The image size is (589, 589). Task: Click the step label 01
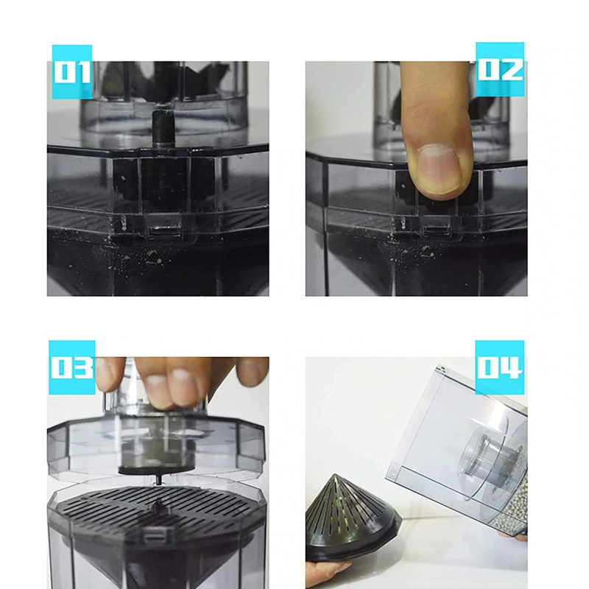click(71, 71)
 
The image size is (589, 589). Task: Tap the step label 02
click(500, 69)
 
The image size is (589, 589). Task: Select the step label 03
click(71, 367)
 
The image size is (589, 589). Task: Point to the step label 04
click(500, 367)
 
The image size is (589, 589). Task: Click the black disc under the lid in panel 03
click(156, 470)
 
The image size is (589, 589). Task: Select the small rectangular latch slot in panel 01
click(163, 232)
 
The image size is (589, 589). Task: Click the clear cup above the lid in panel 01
click(164, 99)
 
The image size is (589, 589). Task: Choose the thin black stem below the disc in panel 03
click(158, 479)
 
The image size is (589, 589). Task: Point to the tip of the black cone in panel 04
click(334, 475)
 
